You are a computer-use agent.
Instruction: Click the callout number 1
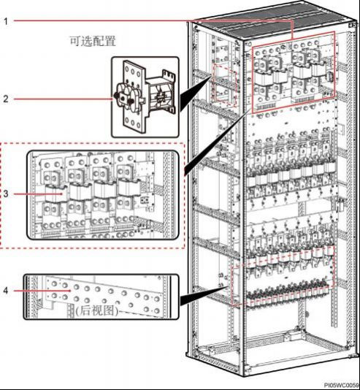tap(6, 21)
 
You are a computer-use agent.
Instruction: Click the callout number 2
tap(6, 99)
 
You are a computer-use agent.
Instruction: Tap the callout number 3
tap(6, 194)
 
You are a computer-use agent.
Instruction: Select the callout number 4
tap(6, 291)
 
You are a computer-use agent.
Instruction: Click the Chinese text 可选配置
tap(93, 41)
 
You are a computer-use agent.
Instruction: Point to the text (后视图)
tap(96, 310)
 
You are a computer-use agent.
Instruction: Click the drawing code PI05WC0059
tap(345, 385)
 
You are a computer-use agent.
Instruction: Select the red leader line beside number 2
tap(63, 99)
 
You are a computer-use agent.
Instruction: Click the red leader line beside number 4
tap(42, 290)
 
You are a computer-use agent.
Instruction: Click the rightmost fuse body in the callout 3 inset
tap(128, 188)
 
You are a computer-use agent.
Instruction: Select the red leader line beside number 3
tap(38, 194)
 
